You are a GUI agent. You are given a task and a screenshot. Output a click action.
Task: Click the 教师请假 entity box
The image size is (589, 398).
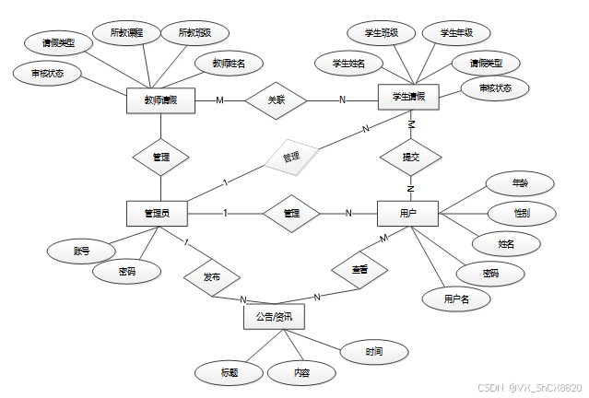tap(161, 99)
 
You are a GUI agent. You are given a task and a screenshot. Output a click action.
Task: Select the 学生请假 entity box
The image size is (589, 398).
tap(408, 97)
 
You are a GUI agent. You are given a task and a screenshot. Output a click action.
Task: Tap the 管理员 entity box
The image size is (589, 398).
tap(157, 214)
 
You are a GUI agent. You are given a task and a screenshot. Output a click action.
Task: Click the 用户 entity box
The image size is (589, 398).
tap(407, 214)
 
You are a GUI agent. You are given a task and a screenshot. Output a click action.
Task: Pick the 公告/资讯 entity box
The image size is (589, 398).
tap(273, 317)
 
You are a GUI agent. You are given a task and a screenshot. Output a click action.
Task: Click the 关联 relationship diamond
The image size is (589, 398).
tap(277, 99)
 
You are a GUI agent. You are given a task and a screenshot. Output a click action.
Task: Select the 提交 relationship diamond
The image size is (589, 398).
tap(410, 158)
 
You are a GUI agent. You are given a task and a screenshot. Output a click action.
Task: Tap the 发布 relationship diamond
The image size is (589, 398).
tap(211, 276)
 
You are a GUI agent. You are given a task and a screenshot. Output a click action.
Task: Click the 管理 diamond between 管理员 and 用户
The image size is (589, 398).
tap(291, 214)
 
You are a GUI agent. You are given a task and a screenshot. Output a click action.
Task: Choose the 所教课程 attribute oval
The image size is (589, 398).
tap(126, 33)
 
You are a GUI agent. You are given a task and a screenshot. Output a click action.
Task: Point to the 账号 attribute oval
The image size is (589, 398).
tap(82, 250)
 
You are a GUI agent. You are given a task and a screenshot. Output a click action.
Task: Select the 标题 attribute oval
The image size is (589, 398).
tap(230, 372)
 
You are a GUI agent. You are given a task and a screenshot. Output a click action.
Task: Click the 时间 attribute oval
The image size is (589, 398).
tap(373, 351)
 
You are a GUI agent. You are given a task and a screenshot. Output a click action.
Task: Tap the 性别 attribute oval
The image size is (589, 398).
tap(521, 213)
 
